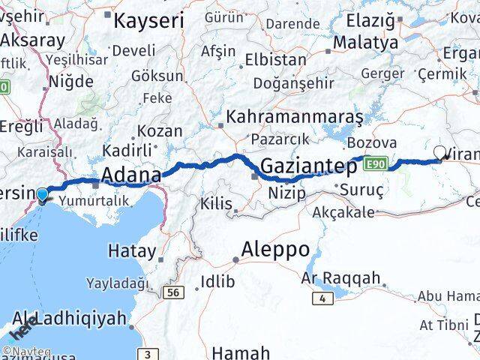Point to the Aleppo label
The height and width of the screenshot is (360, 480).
pos(274,249)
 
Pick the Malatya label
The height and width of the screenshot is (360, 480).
pos(365,43)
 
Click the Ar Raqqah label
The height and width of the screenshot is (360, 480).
pos(340,277)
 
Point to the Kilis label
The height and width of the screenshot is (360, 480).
pos(217,202)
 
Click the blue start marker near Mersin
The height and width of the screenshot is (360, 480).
pos(43,196)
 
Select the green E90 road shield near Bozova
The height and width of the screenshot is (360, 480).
pos(377,162)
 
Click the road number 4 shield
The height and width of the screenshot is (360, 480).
pos(322,298)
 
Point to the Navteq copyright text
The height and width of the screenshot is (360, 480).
pos(26,351)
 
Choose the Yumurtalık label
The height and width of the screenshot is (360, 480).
pos(96,199)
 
